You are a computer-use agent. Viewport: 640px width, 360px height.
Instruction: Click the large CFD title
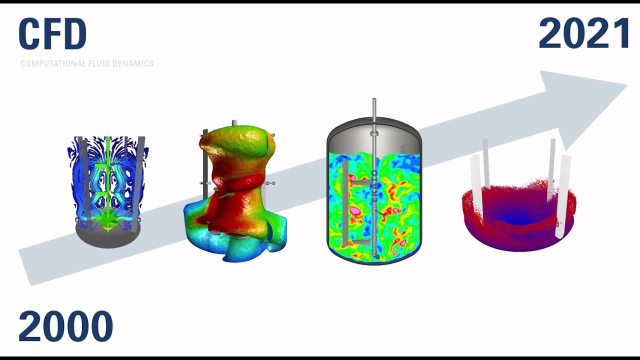[52, 34]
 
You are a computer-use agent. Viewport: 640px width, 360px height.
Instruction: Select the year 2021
[584, 33]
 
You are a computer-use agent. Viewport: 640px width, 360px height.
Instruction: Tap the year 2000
[65, 326]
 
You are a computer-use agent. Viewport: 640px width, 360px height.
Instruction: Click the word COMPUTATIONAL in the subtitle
[53, 63]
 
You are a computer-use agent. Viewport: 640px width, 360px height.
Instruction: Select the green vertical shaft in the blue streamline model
[108, 183]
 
